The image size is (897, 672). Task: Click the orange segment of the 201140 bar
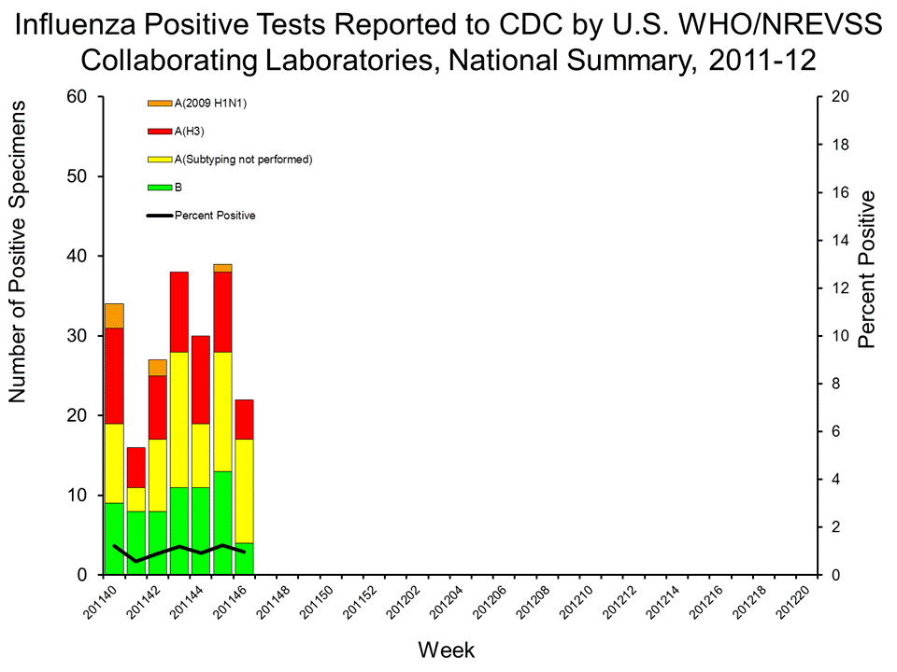coord(114,315)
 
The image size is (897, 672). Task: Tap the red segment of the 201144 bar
coord(201,380)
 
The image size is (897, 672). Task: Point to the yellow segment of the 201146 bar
coord(244,491)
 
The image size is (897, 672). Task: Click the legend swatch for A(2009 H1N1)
coord(160,103)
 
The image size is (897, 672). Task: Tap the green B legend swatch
coord(160,188)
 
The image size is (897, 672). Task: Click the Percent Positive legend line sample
coord(160,216)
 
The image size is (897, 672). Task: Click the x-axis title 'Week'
coord(448,649)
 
